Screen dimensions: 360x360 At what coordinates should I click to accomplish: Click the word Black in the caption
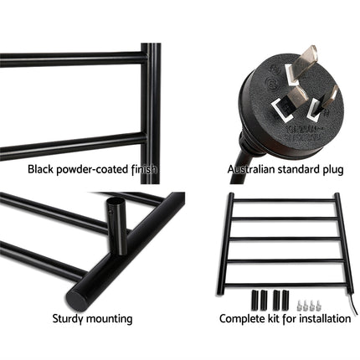pos(40,169)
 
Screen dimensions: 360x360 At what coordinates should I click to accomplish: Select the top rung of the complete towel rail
pos(285,201)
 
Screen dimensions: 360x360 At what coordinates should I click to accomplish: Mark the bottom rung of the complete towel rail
pos(285,260)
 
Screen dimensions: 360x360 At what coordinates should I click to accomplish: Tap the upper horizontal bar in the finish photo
pos(71,59)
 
